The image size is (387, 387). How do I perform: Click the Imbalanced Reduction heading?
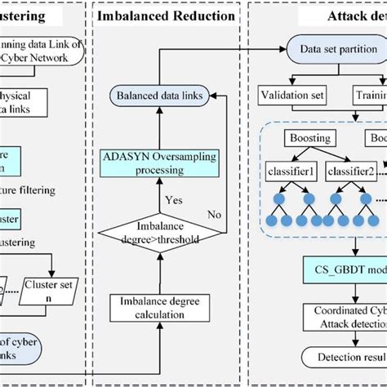166,15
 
